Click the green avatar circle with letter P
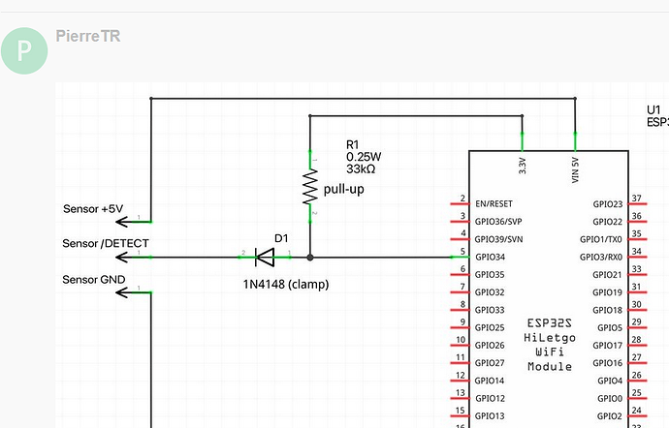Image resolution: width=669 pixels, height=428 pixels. [x=24, y=50]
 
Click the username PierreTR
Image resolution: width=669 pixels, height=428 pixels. [x=88, y=36]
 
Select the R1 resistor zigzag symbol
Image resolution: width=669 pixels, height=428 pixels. [x=310, y=187]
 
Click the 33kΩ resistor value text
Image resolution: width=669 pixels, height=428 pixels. [x=361, y=169]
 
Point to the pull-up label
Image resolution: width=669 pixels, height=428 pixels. [x=344, y=189]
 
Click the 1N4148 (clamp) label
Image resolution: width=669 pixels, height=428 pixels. [x=286, y=285]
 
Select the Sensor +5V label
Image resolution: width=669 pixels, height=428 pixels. [x=93, y=209]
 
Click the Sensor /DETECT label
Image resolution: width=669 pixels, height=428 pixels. [x=106, y=243]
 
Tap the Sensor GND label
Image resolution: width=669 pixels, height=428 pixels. [x=94, y=280]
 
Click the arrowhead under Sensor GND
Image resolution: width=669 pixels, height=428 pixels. [x=122, y=292]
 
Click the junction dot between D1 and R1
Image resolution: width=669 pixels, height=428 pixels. [x=310, y=258]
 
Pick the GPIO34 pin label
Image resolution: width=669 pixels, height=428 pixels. [x=491, y=257]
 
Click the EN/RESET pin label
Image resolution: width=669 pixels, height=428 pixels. [x=494, y=203]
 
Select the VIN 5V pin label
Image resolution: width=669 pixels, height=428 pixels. [x=575, y=170]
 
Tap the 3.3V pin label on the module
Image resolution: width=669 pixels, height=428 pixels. [x=523, y=166]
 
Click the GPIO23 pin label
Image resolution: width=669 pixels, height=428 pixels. [x=608, y=204]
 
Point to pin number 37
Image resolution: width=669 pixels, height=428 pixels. [x=637, y=199]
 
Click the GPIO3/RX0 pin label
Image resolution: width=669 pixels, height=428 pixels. [x=601, y=257]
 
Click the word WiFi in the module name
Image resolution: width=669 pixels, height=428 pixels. [x=550, y=352]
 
